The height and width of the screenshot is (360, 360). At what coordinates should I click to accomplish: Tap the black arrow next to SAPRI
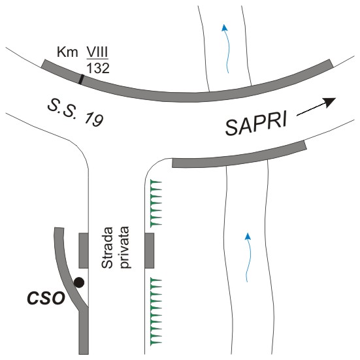[316, 106]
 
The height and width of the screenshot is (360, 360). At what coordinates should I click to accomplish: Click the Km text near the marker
[67, 52]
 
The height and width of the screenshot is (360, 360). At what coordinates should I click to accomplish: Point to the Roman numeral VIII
[97, 52]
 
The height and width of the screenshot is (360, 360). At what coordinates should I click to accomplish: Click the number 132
[98, 68]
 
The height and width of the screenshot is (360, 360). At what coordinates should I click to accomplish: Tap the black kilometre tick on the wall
[81, 79]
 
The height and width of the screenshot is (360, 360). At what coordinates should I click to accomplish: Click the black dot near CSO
[79, 282]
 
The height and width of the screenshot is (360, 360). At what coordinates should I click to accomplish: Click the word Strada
[107, 248]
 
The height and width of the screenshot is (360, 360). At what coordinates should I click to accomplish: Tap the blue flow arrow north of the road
[225, 48]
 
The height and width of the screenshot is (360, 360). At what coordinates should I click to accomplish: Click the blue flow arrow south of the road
[248, 257]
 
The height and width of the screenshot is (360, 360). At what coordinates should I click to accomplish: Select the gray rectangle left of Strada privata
[84, 250]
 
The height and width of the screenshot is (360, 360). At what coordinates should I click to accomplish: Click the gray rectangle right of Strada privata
[149, 250]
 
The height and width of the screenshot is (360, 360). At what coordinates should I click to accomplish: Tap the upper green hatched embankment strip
[156, 204]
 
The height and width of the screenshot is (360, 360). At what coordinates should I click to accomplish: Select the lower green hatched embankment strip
[156, 312]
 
